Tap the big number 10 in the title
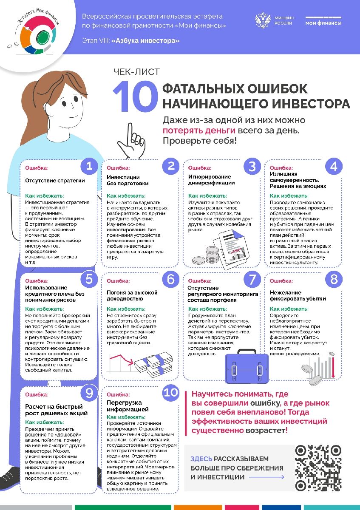133,96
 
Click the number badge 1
89,166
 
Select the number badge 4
334,166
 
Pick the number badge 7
253,279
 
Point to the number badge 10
171,392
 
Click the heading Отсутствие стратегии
55,180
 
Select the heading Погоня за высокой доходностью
132,296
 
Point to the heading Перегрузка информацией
128,406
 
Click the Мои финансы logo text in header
323,23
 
